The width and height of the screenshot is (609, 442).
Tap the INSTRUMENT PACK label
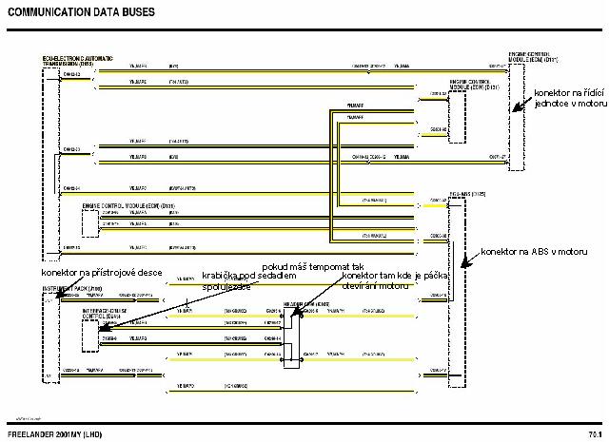pos(64,287)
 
